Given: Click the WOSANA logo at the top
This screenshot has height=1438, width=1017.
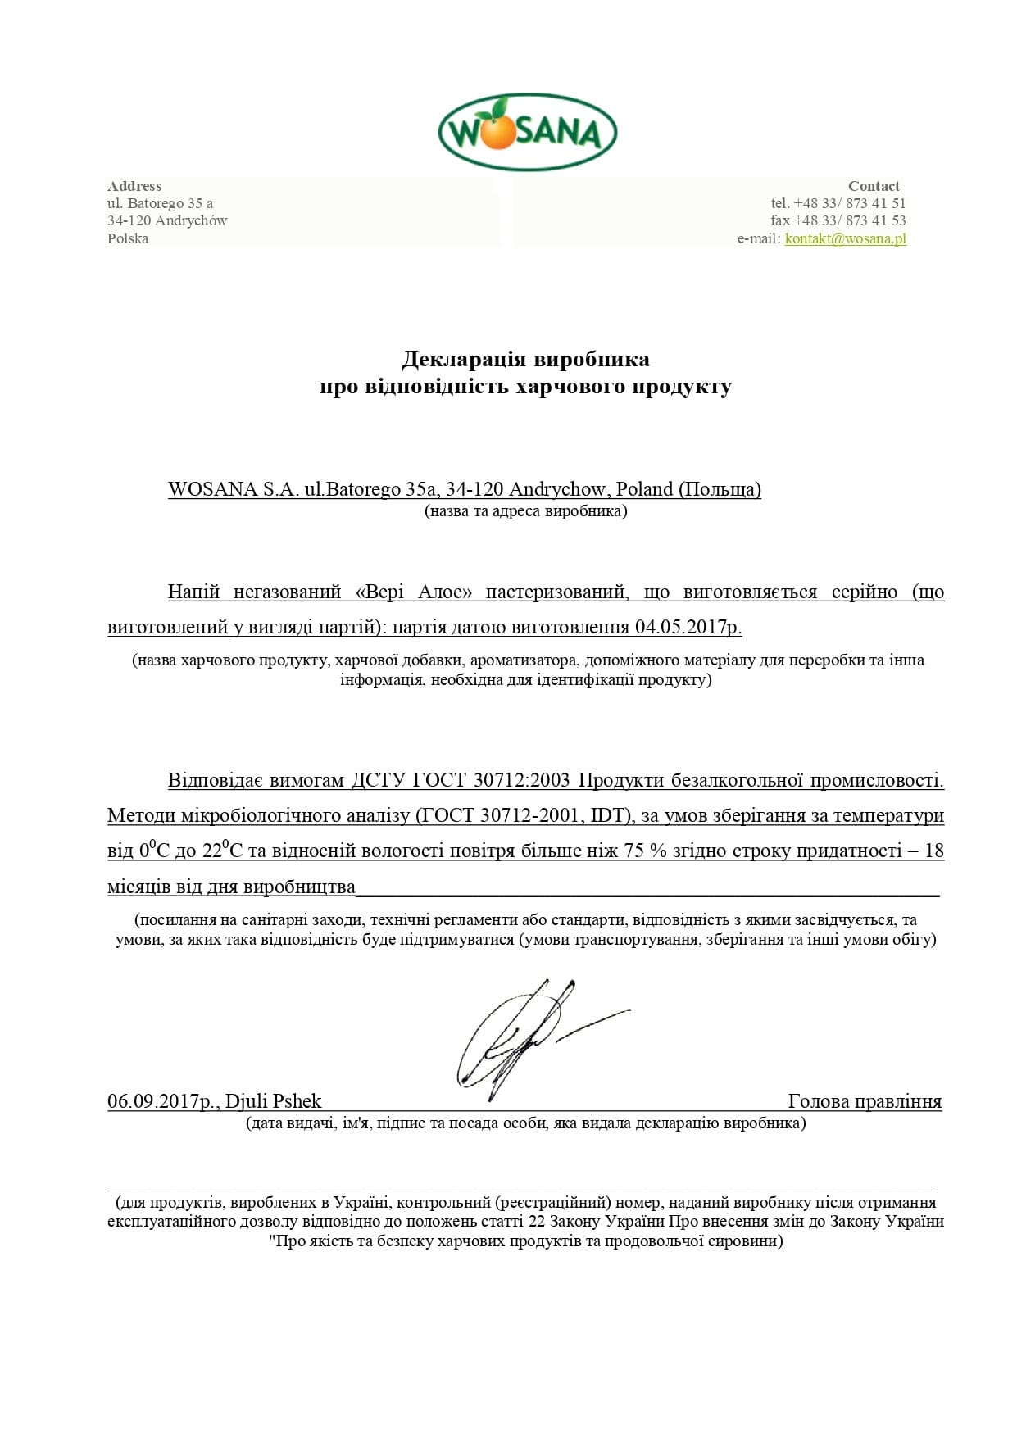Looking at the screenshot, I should [x=527, y=132].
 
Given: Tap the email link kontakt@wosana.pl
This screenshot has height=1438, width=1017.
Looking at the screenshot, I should [x=845, y=238].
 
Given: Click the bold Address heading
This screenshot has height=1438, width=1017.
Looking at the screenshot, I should [x=134, y=186].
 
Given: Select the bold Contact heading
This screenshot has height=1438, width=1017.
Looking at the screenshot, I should [x=874, y=186].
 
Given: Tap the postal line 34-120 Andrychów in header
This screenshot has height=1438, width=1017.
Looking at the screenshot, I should [x=167, y=220].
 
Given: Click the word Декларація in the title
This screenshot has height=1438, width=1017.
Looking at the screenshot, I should [x=465, y=359].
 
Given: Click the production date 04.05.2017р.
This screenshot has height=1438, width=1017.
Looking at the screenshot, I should [x=688, y=627].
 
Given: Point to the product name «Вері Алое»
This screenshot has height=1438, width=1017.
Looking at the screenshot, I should [x=415, y=592].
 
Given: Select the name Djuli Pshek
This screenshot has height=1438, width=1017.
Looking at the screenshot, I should [x=274, y=1101].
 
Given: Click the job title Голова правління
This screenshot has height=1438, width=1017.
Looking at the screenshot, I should [x=865, y=1101].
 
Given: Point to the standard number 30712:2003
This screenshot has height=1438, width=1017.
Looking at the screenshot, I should [x=521, y=780].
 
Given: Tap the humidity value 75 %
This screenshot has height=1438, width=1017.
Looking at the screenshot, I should [x=646, y=851].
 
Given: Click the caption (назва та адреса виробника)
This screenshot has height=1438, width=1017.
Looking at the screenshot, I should [x=525, y=511].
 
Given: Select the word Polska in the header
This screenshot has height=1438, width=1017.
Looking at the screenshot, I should [x=128, y=238].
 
